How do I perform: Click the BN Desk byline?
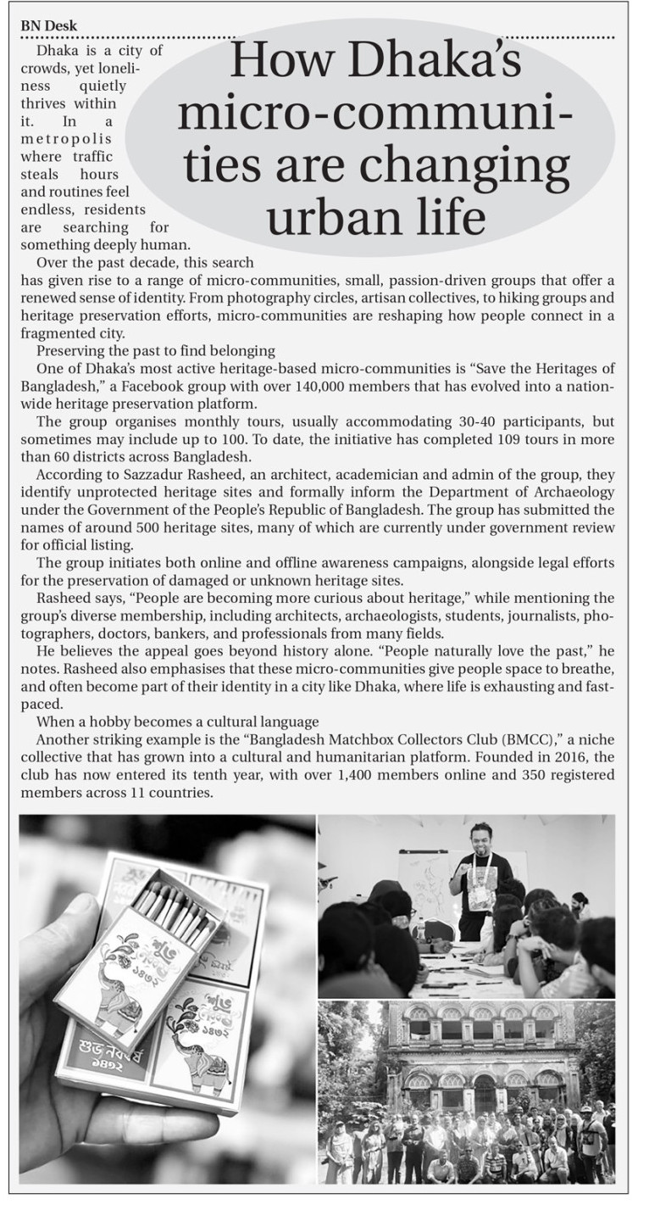pos(48,25)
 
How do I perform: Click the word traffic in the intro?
pos(93,157)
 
